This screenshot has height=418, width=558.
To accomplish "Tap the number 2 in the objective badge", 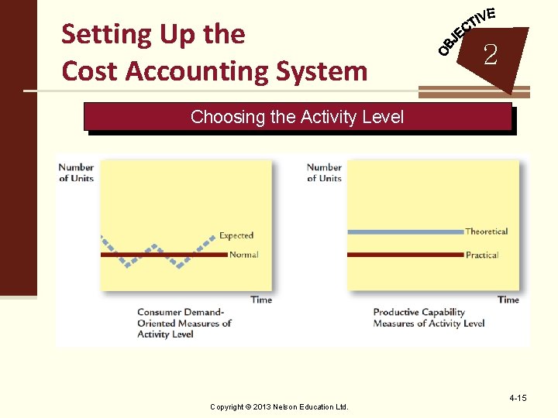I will pos(490,54).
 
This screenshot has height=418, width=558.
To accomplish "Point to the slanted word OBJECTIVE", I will pos(465,32).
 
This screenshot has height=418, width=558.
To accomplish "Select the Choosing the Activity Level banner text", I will pos(297,117).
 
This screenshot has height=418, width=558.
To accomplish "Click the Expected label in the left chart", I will pos(236,235).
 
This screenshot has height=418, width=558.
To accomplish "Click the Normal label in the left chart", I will pos(244,255).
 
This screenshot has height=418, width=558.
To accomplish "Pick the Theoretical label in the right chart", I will pos(486,231).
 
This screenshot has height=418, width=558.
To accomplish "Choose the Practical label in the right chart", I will pos(481,255).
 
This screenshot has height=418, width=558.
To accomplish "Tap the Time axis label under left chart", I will pos(261,300).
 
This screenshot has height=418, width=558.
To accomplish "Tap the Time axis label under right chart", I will pos(508,300).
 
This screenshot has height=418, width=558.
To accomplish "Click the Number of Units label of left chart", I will pos(76,173).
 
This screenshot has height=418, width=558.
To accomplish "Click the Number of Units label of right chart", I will pos(324,173).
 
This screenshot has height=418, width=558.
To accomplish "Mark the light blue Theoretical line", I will pos(403,231).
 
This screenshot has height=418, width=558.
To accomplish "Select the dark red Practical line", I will pos(403,255).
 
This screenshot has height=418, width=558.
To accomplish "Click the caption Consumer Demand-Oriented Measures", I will pos(184,324).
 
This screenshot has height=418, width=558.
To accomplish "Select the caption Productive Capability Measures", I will pos(429,318).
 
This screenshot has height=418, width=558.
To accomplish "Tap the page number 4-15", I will pos(518,398).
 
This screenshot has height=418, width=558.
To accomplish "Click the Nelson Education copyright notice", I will pos(279,406).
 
